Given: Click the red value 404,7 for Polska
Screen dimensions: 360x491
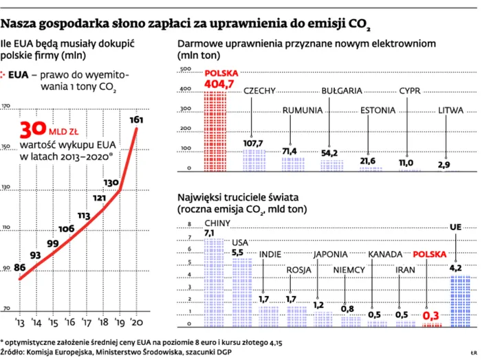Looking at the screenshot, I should tap(224, 85).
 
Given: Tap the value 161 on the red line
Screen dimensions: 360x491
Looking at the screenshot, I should tap(136, 120).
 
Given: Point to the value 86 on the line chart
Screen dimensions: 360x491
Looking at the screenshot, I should tap(19, 267).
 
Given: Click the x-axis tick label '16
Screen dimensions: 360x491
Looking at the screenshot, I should tap(68, 322).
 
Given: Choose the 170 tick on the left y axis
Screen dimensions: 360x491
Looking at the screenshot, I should tap(6, 106).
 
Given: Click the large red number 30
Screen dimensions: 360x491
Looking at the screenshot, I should tap(32, 130).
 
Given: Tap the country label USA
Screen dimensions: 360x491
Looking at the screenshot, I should tap(240, 242).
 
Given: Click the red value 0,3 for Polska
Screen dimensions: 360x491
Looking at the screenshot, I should tap(431, 315).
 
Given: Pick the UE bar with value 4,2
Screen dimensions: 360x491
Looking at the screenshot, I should tap(459, 300).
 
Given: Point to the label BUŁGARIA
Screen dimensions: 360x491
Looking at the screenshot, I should tap(342, 91).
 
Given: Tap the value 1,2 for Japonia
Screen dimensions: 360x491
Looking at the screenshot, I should tap(319, 304).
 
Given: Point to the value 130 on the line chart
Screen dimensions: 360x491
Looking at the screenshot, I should tap(111, 183).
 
